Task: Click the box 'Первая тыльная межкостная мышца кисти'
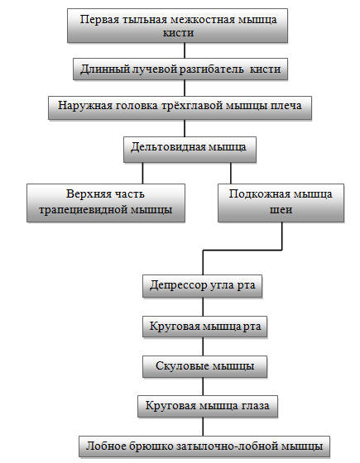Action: (x=177, y=26)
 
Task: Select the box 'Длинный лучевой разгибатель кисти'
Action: (x=180, y=69)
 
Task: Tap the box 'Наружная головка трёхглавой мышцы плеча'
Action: (x=180, y=107)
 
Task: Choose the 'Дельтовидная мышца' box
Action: (x=190, y=150)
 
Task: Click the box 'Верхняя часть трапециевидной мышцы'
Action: (x=106, y=203)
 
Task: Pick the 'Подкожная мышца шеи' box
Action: (x=281, y=203)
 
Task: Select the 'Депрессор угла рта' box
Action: (x=202, y=286)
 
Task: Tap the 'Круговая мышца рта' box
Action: (x=205, y=327)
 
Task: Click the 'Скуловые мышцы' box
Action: (x=205, y=366)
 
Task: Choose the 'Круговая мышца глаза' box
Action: (x=208, y=406)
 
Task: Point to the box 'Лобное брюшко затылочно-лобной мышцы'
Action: (x=204, y=446)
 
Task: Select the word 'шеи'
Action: (x=281, y=210)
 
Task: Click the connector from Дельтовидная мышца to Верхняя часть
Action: (x=142, y=173)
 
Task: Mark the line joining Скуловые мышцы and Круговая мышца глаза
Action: (x=203, y=386)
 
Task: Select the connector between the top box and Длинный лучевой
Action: (x=185, y=50)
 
